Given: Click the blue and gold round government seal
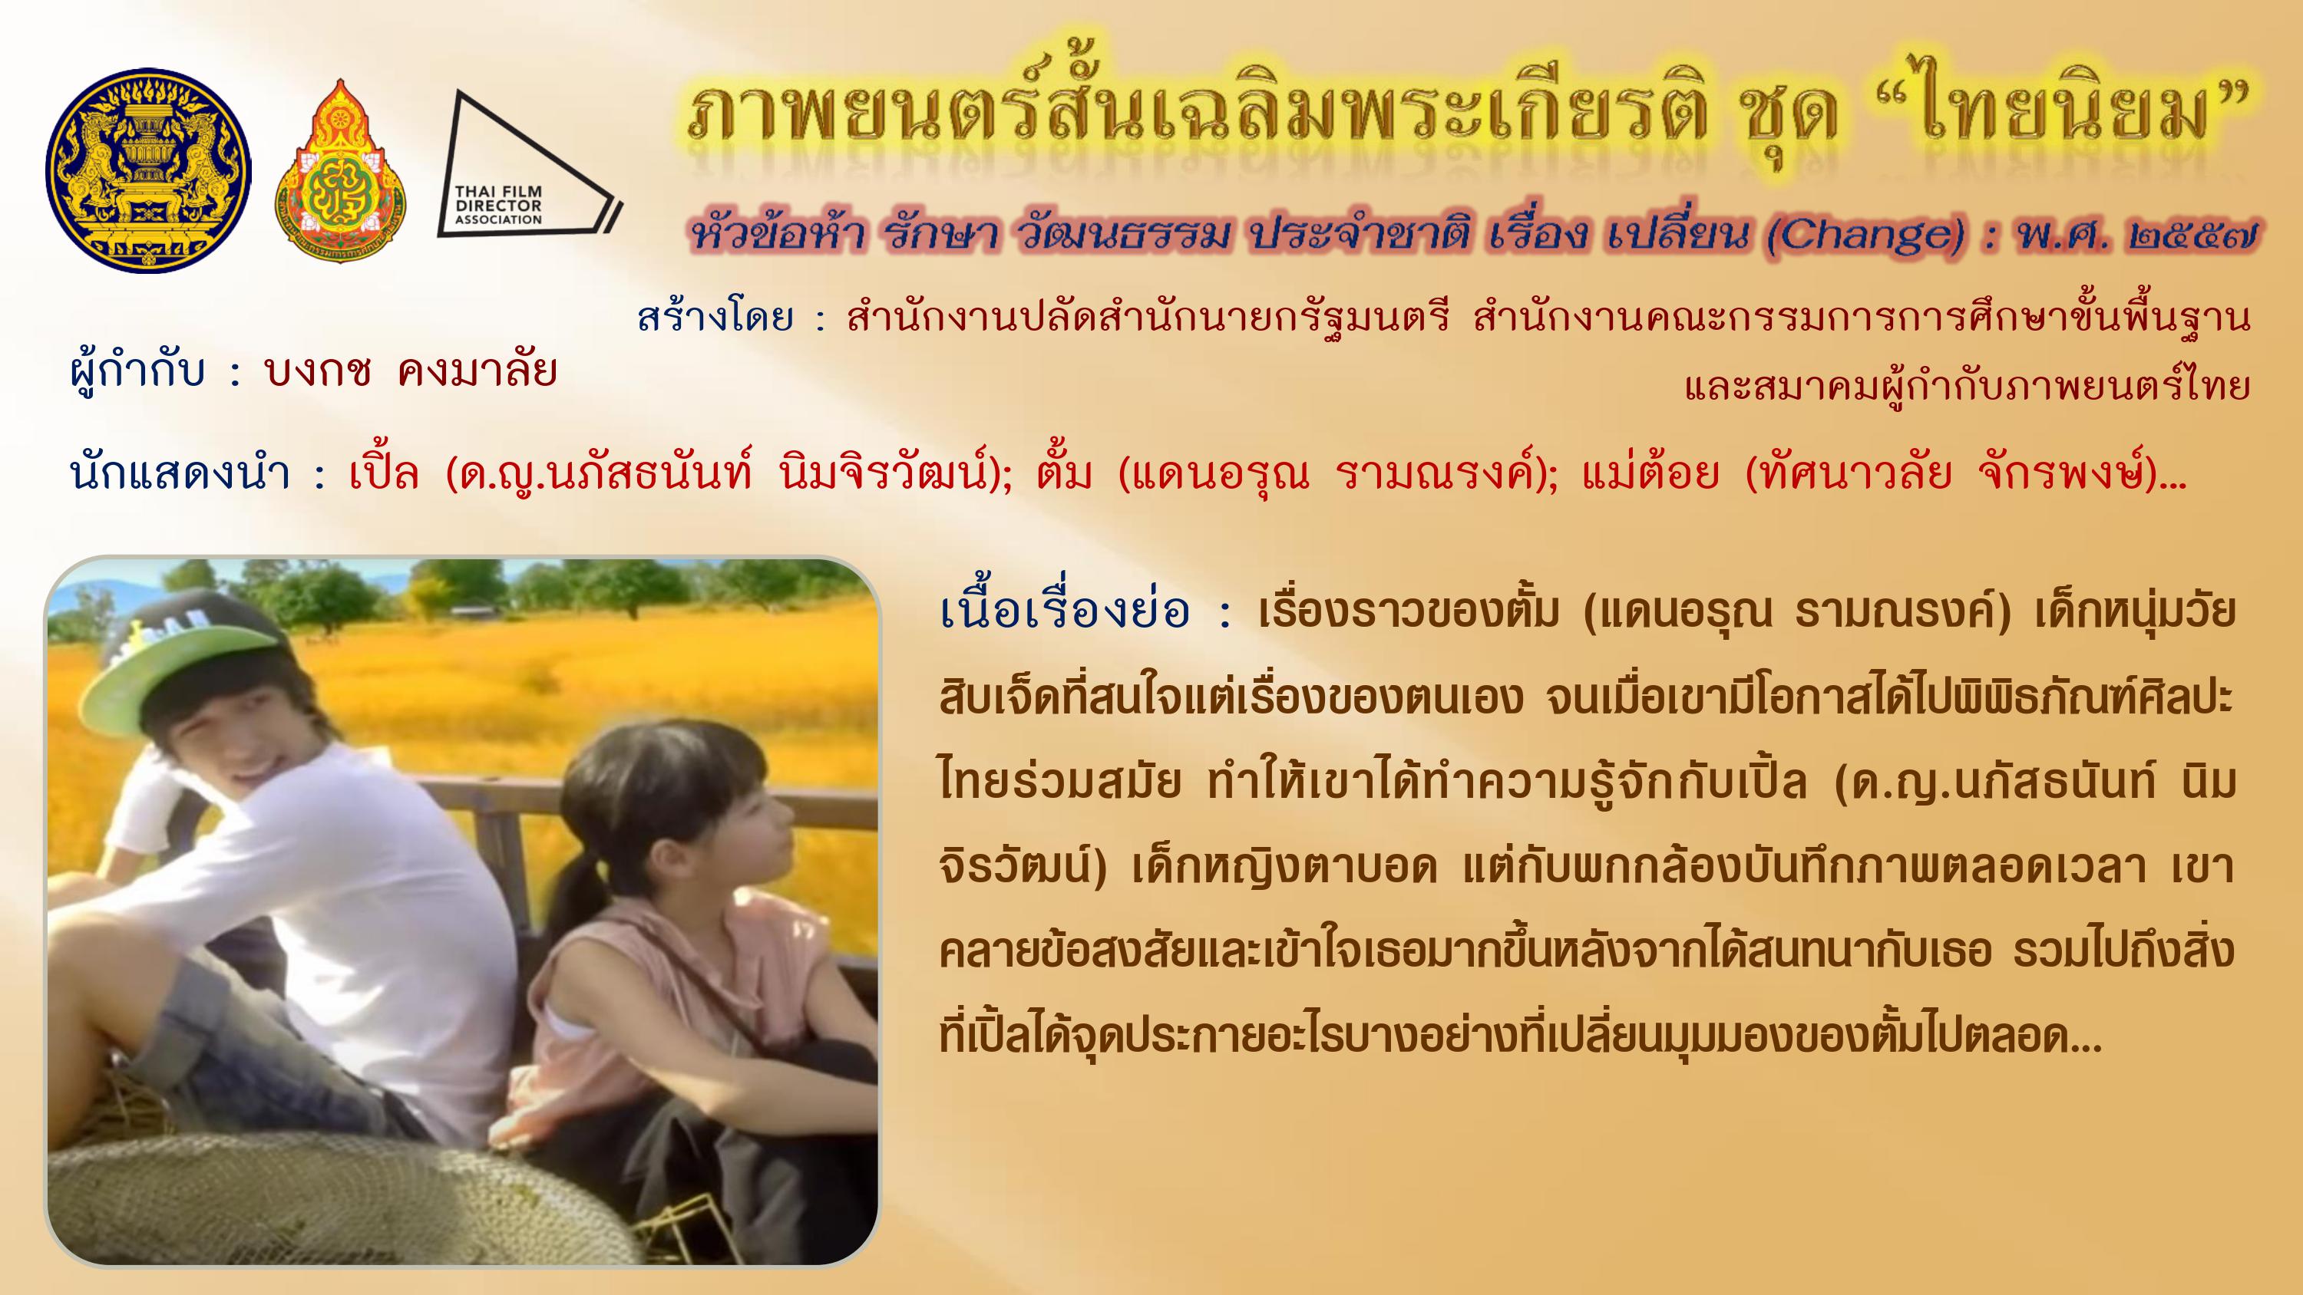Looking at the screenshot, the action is point(148,171).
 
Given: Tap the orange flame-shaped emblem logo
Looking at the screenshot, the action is point(340,166).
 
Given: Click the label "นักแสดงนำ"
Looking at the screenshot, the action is point(180,473).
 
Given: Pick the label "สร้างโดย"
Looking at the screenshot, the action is point(715,318).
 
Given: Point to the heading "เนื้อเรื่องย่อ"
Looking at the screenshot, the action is point(1065,611).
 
